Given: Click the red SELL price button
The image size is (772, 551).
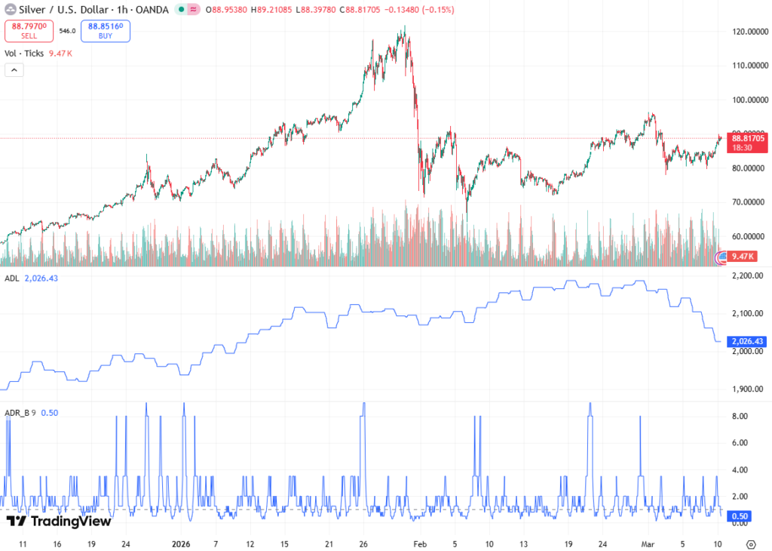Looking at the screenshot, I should (29, 30).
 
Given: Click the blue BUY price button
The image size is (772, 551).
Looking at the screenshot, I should (105, 30).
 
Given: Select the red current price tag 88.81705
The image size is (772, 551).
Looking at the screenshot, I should (747, 138).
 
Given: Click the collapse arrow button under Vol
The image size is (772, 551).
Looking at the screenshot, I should (14, 70).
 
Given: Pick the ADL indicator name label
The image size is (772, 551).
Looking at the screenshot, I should (11, 279).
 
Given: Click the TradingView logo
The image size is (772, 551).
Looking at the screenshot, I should (59, 521).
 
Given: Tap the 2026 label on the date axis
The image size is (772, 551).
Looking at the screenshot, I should (181, 543).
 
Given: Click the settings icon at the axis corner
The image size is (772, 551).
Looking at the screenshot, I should (751, 543).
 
